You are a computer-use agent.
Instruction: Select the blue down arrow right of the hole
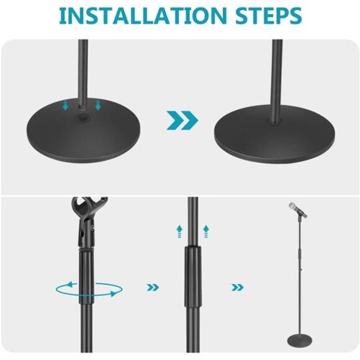[97, 106]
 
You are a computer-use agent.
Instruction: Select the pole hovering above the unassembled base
[82, 68]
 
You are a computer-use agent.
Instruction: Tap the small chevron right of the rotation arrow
[152, 287]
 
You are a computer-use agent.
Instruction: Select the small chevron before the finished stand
[236, 287]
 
